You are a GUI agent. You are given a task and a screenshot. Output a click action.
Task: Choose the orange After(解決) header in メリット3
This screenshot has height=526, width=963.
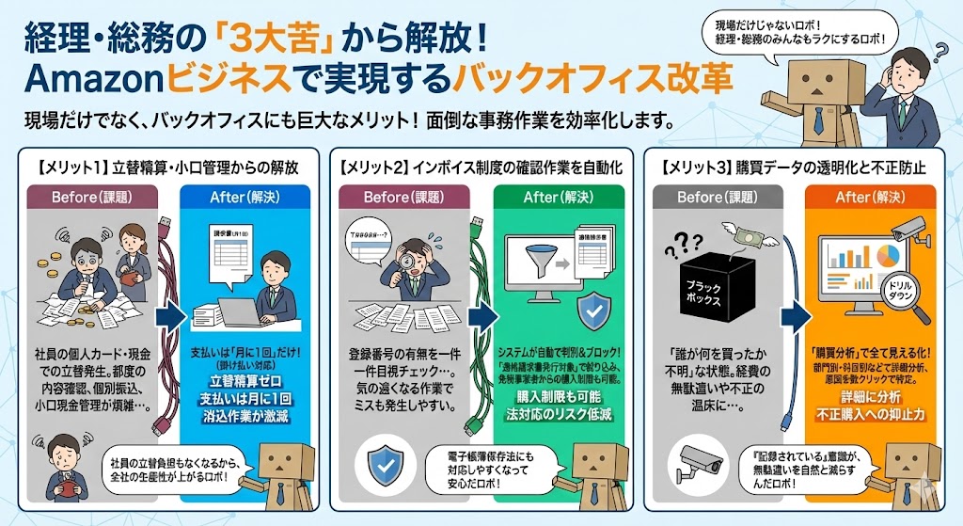point(869,199)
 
